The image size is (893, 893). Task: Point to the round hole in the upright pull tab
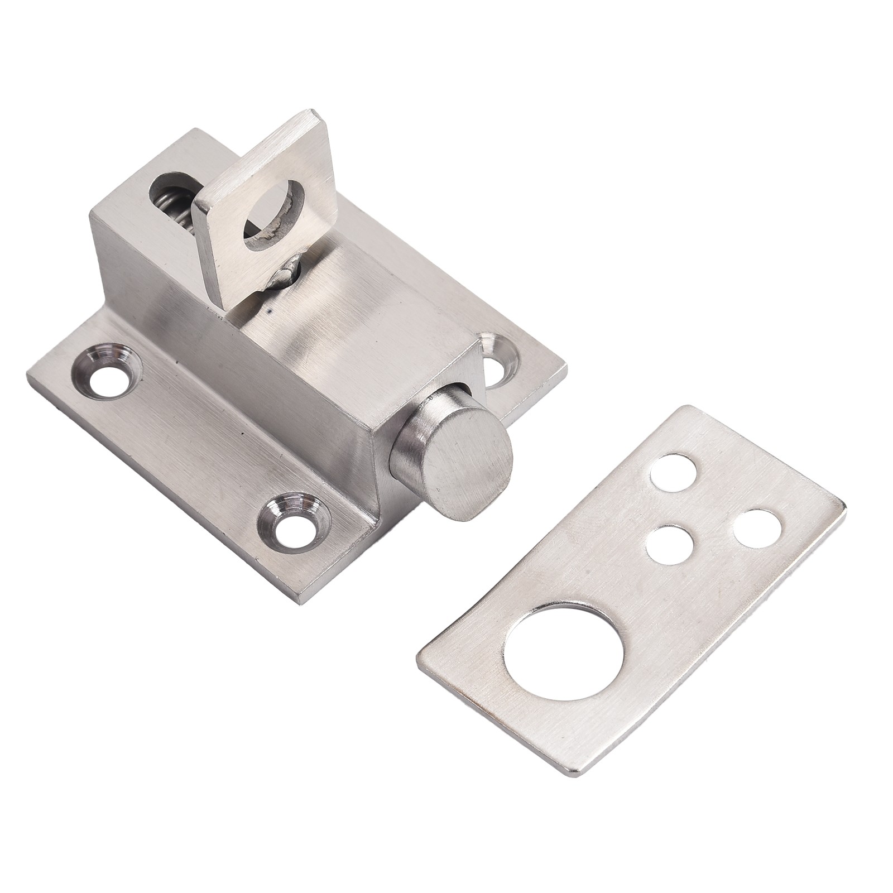[x=272, y=223]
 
